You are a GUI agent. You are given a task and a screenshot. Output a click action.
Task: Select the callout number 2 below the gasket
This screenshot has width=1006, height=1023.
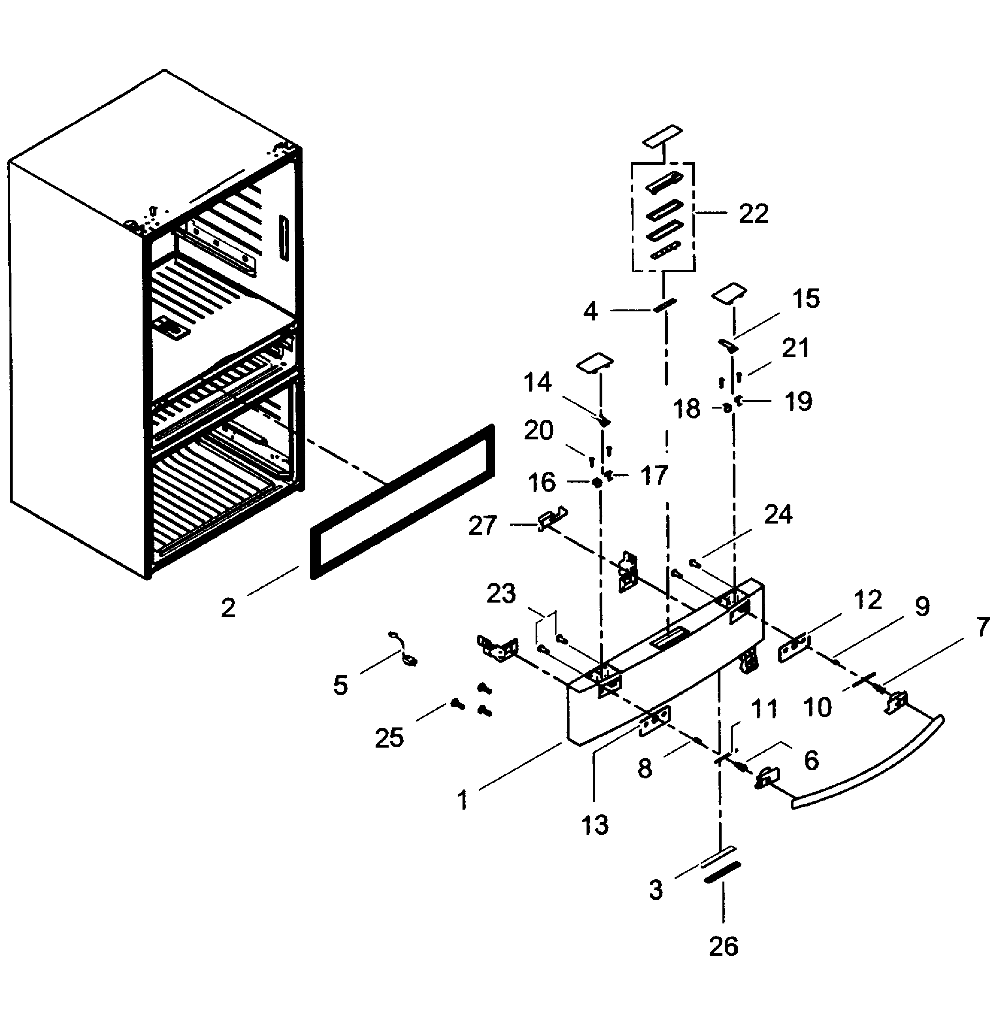coord(228,609)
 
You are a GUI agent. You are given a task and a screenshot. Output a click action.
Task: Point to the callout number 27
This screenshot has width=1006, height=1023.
coord(482,526)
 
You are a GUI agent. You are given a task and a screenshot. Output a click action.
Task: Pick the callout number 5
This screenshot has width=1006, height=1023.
coord(340,685)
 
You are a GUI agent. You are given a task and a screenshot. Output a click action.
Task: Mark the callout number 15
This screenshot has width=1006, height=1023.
coord(806,299)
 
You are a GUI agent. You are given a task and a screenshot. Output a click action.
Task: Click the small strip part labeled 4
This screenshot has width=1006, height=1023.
coord(665,305)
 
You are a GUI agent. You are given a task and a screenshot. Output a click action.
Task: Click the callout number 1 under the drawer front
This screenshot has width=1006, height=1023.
coord(463,800)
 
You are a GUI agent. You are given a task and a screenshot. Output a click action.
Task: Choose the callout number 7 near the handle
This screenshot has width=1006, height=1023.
coord(982,627)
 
